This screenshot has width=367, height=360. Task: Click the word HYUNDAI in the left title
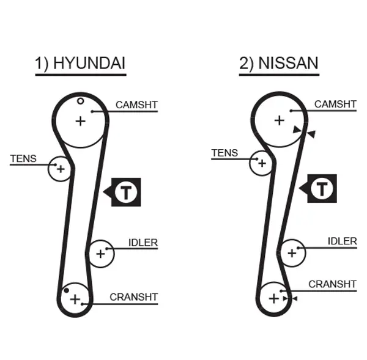[x=89, y=63]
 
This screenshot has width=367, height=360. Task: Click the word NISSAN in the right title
[x=288, y=63]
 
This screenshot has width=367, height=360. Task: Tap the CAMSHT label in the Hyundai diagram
[x=136, y=105]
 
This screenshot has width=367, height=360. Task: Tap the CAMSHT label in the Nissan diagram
[x=335, y=104]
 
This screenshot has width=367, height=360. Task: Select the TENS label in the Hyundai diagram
[x=23, y=158]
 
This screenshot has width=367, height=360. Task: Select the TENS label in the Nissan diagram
[x=224, y=153]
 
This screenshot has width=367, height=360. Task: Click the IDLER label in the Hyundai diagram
[x=143, y=243]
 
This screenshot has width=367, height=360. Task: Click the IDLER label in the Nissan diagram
[x=342, y=241]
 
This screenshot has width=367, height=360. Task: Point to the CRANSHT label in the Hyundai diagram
[x=133, y=297]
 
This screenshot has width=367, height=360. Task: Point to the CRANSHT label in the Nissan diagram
[x=332, y=284]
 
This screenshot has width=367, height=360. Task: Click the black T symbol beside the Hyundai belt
[x=126, y=192]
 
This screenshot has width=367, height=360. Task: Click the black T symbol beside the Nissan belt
[x=322, y=188]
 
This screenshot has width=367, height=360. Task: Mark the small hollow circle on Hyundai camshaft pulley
[x=81, y=101]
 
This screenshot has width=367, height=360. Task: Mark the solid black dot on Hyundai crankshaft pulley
[x=67, y=290]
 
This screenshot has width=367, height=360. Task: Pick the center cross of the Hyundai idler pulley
[x=101, y=254]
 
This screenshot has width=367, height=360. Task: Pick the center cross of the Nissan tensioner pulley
[x=262, y=163]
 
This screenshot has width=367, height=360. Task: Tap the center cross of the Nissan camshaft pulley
[x=280, y=120]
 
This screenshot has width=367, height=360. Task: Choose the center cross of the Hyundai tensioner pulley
[x=61, y=169]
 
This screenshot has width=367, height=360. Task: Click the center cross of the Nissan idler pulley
[x=292, y=253]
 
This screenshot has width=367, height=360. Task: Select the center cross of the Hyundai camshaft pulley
[x=81, y=122]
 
